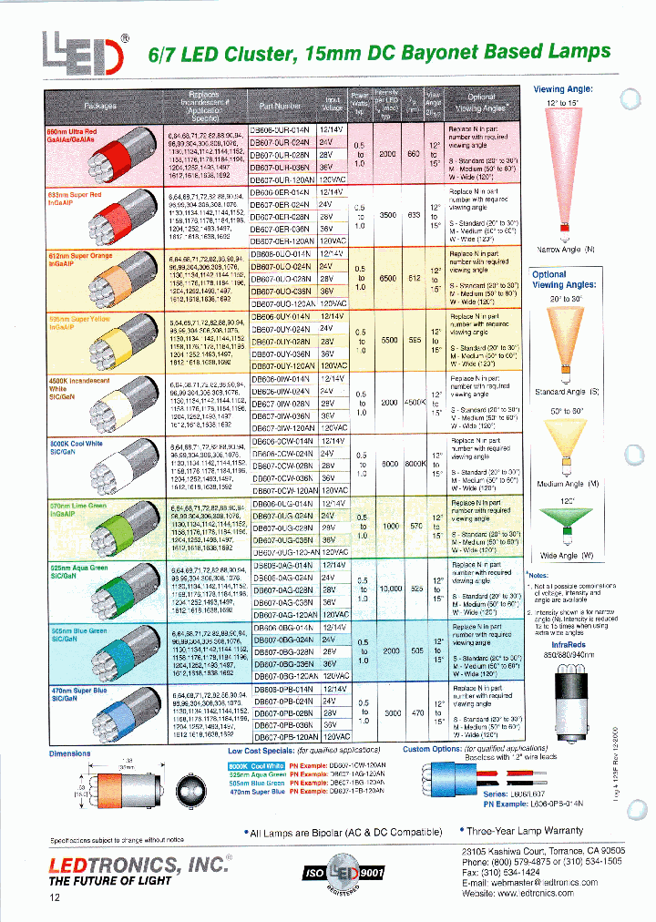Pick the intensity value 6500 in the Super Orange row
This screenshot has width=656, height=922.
click(390, 278)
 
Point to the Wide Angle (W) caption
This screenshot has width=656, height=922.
click(568, 555)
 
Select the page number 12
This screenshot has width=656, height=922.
click(56, 898)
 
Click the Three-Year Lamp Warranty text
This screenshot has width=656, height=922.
click(526, 832)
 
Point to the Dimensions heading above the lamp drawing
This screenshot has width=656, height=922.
click(69, 753)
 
